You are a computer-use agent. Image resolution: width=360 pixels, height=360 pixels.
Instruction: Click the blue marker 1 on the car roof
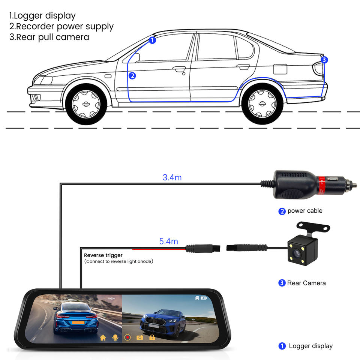coord(152,40)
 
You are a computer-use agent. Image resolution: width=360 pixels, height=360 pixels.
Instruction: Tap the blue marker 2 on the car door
coord(132,76)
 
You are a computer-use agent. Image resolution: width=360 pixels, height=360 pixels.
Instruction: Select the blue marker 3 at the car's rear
coord(324,60)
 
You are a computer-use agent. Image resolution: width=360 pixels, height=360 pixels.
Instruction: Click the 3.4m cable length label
coord(172,177)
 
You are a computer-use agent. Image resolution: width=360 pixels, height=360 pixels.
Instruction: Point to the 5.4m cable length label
coord(168,241)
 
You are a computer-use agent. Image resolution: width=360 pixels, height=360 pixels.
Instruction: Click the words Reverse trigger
coord(103,255)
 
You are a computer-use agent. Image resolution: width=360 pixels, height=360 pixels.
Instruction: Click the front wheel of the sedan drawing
coord(85,102)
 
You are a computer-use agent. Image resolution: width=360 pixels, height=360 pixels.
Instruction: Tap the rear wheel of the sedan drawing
coord(262,102)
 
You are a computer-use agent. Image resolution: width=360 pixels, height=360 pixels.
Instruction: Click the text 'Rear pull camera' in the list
coord(49,37)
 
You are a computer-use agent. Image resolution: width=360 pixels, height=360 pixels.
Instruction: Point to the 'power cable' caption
coord(304,211)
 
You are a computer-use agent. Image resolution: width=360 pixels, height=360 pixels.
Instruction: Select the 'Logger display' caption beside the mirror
coord(310,346)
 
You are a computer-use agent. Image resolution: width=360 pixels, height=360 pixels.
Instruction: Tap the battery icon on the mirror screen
coord(204,298)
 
